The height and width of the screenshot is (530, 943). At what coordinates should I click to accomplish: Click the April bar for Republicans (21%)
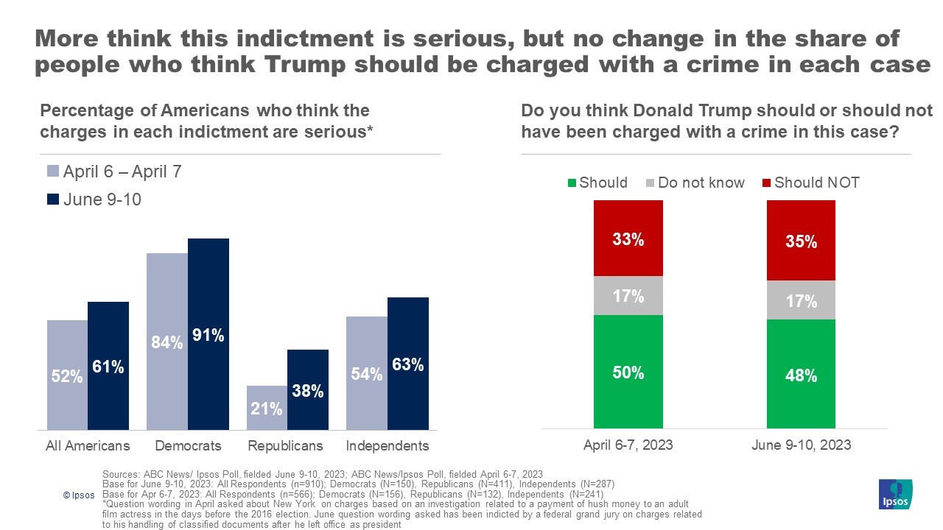tap(267, 408)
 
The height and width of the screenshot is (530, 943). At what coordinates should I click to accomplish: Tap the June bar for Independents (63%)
tap(407, 364)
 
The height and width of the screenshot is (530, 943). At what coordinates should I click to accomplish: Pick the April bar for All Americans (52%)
tap(67, 375)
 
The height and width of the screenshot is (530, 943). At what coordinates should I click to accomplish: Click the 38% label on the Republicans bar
tap(308, 391)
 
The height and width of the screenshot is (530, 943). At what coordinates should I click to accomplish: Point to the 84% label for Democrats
tap(167, 342)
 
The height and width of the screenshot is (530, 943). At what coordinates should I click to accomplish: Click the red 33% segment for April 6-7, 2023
tap(628, 239)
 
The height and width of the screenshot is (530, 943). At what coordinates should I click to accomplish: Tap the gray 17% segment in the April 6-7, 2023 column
tap(628, 296)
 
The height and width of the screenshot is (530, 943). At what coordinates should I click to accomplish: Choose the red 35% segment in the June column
tap(801, 241)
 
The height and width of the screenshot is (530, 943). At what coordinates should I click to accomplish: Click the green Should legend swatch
tap(572, 183)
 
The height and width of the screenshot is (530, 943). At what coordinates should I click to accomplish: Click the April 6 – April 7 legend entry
tap(115, 172)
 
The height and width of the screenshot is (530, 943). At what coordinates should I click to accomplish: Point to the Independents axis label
tap(388, 445)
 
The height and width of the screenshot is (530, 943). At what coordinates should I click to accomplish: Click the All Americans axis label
tap(88, 445)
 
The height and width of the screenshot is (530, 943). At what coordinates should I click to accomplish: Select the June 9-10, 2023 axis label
tap(801, 445)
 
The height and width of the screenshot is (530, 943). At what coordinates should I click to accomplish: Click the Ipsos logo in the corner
tap(895, 494)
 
